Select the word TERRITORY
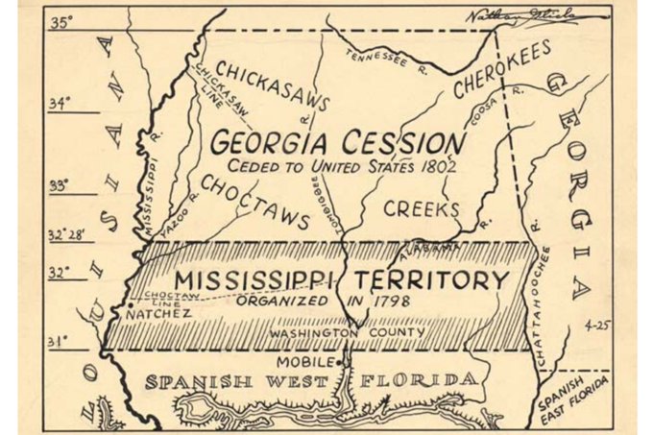tap(431, 280)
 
